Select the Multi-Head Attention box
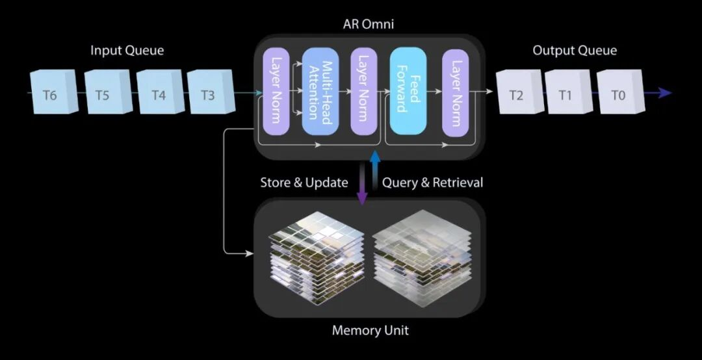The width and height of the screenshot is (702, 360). [320, 92]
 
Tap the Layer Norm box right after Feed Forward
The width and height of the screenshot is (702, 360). [456, 92]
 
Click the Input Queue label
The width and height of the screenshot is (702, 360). [127, 51]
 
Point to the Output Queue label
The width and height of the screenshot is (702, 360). [575, 51]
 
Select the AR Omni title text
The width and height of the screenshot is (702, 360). [369, 25]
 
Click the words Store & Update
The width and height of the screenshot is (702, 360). [304, 183]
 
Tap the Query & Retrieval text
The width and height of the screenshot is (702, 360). [433, 183]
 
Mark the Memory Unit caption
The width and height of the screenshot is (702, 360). [370, 330]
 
